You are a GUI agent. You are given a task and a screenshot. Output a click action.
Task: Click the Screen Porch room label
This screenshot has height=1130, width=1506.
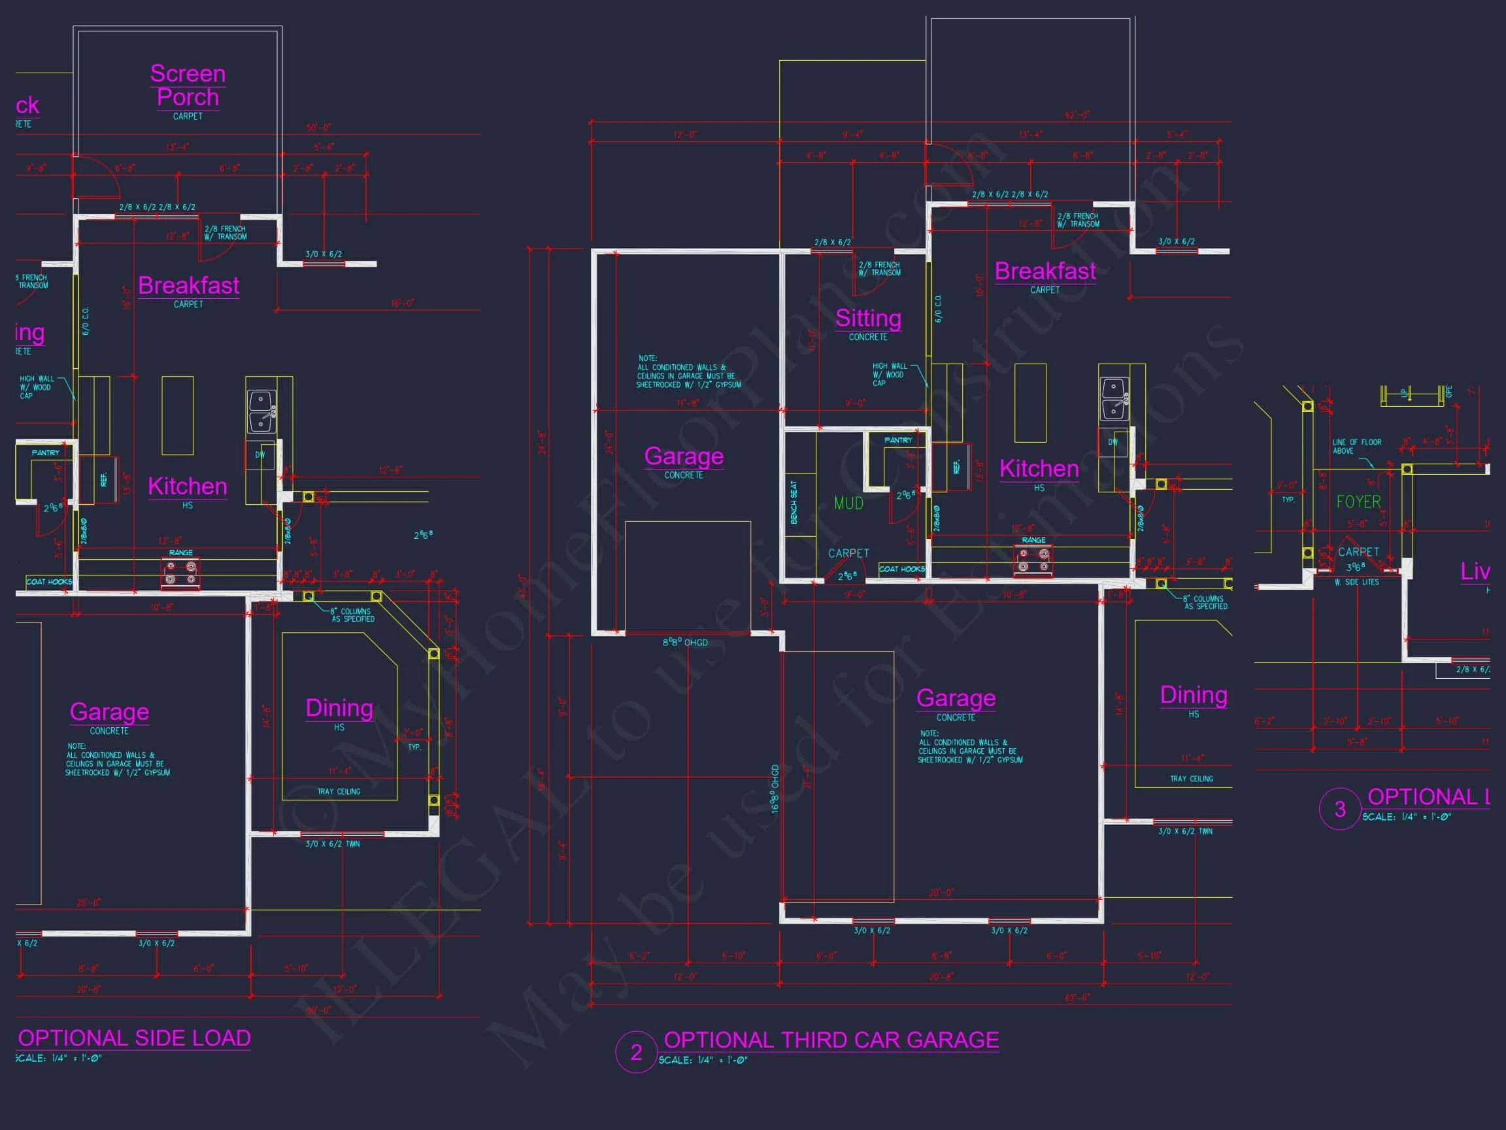pyautogui.click(x=188, y=85)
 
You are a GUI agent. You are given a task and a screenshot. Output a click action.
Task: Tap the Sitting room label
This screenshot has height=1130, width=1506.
pyautogui.click(x=868, y=318)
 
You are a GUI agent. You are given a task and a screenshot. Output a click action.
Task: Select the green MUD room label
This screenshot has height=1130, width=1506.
pyautogui.click(x=848, y=504)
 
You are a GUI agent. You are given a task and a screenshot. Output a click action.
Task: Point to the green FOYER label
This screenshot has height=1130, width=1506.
pyautogui.click(x=1358, y=502)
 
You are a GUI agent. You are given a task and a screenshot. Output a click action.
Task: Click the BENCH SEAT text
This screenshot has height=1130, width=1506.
pyautogui.click(x=794, y=503)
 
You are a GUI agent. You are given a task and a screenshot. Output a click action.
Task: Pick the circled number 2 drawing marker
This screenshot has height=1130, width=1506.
pyautogui.click(x=636, y=1052)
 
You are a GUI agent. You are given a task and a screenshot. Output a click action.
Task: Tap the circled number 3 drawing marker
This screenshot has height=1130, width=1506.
pyautogui.click(x=1340, y=809)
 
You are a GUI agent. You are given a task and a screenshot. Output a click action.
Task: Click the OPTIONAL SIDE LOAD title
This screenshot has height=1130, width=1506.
pyautogui.click(x=134, y=1038)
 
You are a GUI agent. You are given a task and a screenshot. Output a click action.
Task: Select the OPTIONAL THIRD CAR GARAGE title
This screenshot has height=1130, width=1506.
pyautogui.click(x=831, y=1040)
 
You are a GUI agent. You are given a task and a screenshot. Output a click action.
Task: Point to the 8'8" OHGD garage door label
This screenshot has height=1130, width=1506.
pyautogui.click(x=685, y=642)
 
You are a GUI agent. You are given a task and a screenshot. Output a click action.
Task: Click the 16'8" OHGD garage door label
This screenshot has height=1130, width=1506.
pyautogui.click(x=775, y=789)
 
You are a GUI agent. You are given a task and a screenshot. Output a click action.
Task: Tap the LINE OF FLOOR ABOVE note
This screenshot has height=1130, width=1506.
pyautogui.click(x=1356, y=446)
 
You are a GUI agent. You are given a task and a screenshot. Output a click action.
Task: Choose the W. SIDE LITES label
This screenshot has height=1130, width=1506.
pyautogui.click(x=1356, y=583)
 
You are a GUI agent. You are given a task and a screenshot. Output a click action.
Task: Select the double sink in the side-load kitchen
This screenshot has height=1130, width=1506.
pyautogui.click(x=261, y=411)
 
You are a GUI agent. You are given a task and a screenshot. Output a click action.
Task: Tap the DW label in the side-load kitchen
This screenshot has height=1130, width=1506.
pyautogui.click(x=260, y=455)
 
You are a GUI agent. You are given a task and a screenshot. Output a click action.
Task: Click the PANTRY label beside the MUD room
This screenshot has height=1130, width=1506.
pyautogui.click(x=898, y=440)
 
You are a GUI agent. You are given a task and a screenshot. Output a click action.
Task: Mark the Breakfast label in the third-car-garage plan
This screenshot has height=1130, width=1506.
pyautogui.click(x=1045, y=271)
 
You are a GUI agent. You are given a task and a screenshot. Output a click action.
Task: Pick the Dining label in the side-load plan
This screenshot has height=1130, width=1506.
pyautogui.click(x=339, y=708)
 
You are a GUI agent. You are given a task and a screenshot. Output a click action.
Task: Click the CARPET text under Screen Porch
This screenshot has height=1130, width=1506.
pyautogui.click(x=188, y=116)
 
